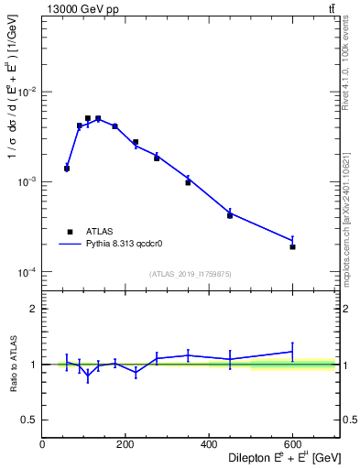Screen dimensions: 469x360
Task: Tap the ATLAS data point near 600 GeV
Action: tap(292, 246)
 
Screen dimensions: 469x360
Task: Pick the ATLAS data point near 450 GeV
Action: tap(230, 215)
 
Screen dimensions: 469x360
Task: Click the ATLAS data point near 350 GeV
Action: tap(188, 182)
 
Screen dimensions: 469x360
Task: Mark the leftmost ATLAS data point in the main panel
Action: tap(67, 169)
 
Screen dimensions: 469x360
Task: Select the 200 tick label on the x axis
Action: tap(125, 446)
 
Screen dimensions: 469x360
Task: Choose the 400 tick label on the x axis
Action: tap(209, 446)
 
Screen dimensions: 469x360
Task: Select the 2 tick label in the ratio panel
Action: tap(35, 309)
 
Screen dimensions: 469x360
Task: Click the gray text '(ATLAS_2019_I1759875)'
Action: tap(190, 273)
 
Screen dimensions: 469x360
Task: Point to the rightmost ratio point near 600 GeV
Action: tap(292, 352)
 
